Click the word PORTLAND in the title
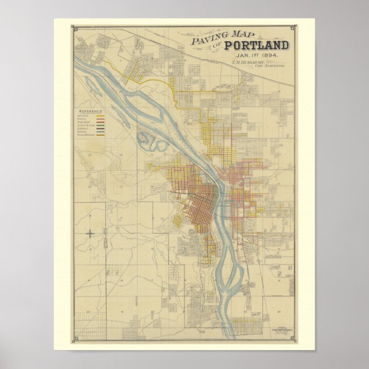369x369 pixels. (253, 46)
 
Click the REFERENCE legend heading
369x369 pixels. (91, 111)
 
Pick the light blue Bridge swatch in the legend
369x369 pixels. (100, 131)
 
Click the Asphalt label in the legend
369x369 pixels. (84, 128)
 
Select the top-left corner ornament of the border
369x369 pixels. (73, 28)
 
